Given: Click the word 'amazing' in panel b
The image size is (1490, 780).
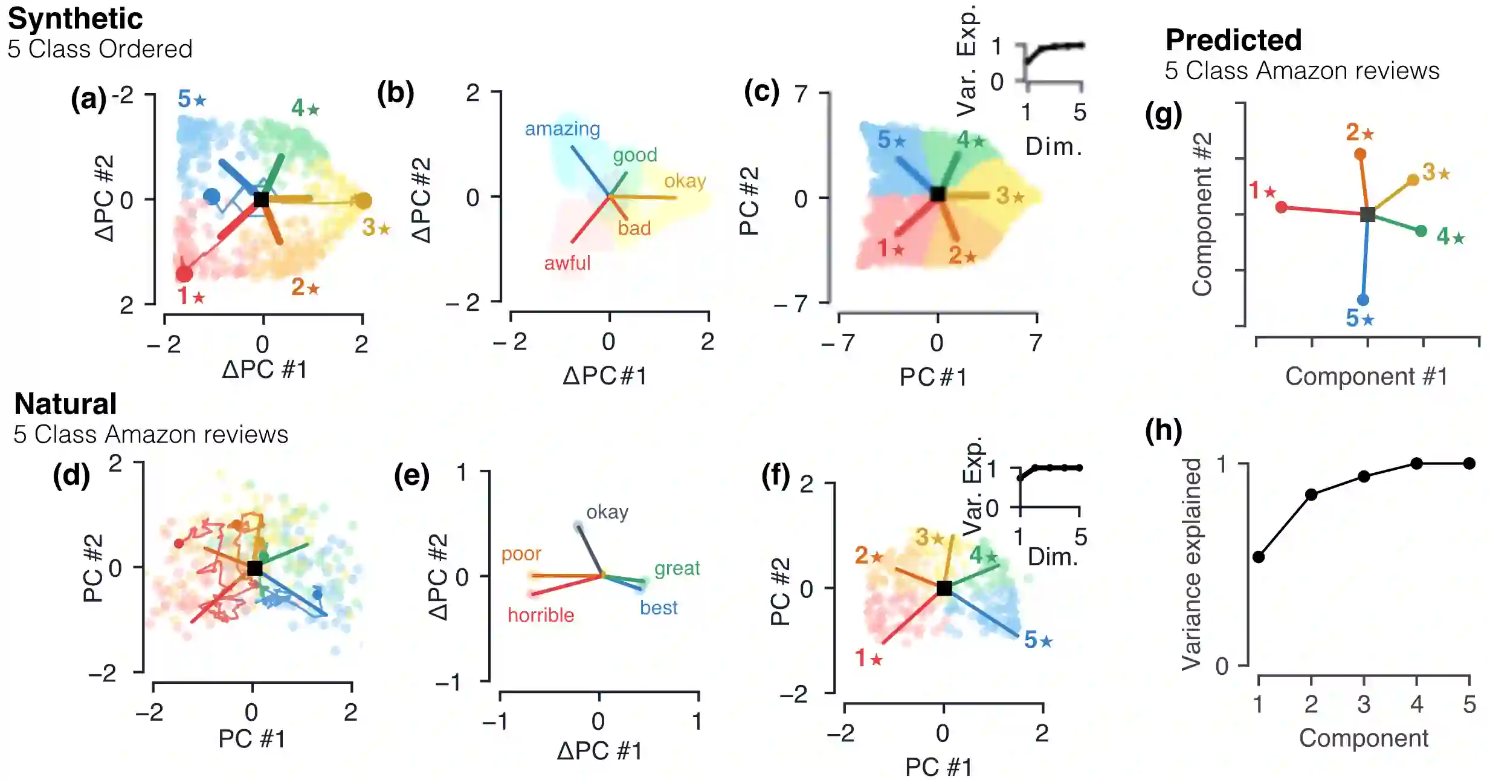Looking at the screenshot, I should pos(562,129).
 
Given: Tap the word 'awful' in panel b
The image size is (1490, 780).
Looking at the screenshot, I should pos(567,263).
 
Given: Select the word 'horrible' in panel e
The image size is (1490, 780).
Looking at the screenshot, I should pos(541,615).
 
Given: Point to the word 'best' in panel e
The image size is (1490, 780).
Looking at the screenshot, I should pos(659,607).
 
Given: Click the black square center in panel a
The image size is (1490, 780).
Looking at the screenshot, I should pos(261,199).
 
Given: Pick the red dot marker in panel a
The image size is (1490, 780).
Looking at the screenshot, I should pos(184,274).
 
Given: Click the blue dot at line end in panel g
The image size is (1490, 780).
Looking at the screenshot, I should pos(1363,300).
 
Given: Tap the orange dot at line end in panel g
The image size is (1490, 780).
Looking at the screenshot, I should pos(1360,154).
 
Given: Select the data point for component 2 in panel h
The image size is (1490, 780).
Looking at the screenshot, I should pos(1311,495).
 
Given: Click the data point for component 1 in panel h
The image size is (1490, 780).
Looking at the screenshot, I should pos(1259,557).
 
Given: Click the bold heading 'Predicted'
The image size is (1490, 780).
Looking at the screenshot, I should pos(1233,41).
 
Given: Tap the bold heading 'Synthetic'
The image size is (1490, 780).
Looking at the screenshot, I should pos(75,19).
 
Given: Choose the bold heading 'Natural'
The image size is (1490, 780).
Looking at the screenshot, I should pos(65,404).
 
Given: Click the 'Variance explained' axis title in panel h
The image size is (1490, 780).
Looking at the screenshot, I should pos(1191,564).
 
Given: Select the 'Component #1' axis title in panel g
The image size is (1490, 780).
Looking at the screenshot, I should pos(1366,376).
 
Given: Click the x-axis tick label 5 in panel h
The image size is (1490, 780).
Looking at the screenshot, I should pos(1469,704).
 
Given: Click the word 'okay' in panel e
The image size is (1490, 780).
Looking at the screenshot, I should pos(607,512).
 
